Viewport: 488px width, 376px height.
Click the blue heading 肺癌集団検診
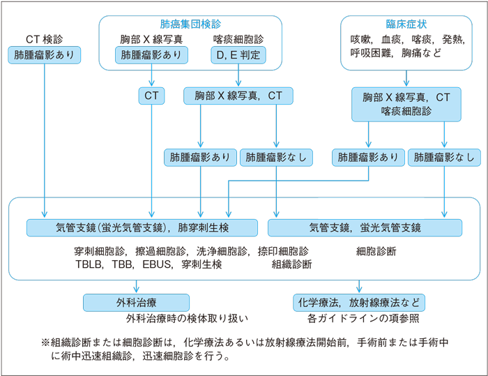(190, 24)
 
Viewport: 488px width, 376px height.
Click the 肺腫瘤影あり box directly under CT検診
(45, 54)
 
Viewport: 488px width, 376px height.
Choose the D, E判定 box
(238, 54)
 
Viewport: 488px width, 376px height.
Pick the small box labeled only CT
(151, 96)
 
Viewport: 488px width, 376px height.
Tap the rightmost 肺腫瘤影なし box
(444, 158)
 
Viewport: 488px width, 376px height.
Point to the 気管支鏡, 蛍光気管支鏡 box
(365, 227)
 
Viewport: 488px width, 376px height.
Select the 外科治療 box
(136, 303)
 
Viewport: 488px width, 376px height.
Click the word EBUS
(158, 264)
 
